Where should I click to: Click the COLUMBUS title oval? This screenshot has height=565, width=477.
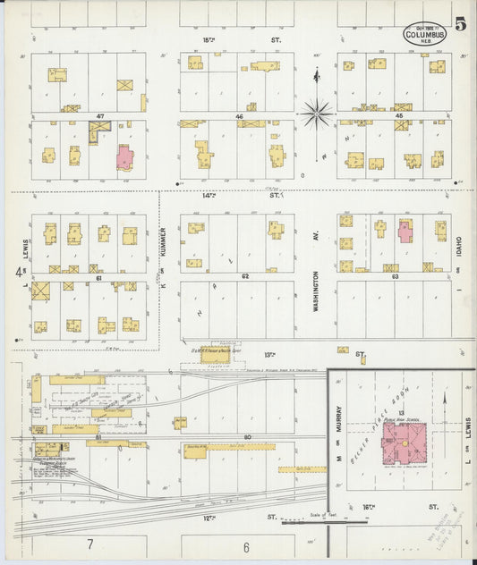[426, 34]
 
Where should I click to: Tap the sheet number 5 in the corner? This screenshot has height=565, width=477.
[459, 24]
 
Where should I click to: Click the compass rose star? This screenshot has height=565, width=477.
[315, 113]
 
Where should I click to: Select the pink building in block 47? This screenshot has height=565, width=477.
[124, 158]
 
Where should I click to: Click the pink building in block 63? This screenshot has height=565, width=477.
[405, 231]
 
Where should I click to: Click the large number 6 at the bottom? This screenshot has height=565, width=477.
[245, 545]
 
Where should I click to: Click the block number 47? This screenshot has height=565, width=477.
[101, 117]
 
